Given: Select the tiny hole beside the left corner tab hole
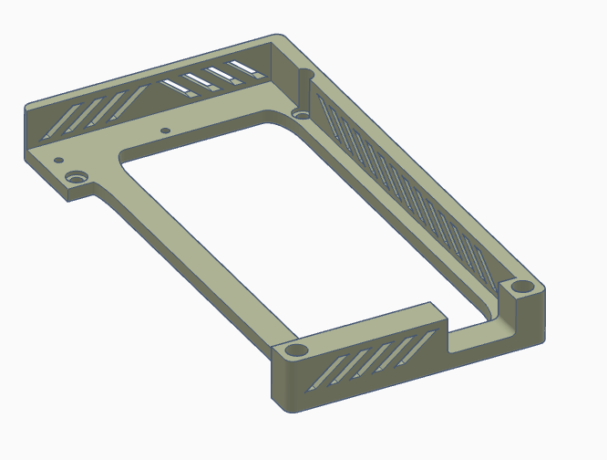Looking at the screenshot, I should tap(58, 161).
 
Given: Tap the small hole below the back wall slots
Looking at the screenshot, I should tap(165, 131).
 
